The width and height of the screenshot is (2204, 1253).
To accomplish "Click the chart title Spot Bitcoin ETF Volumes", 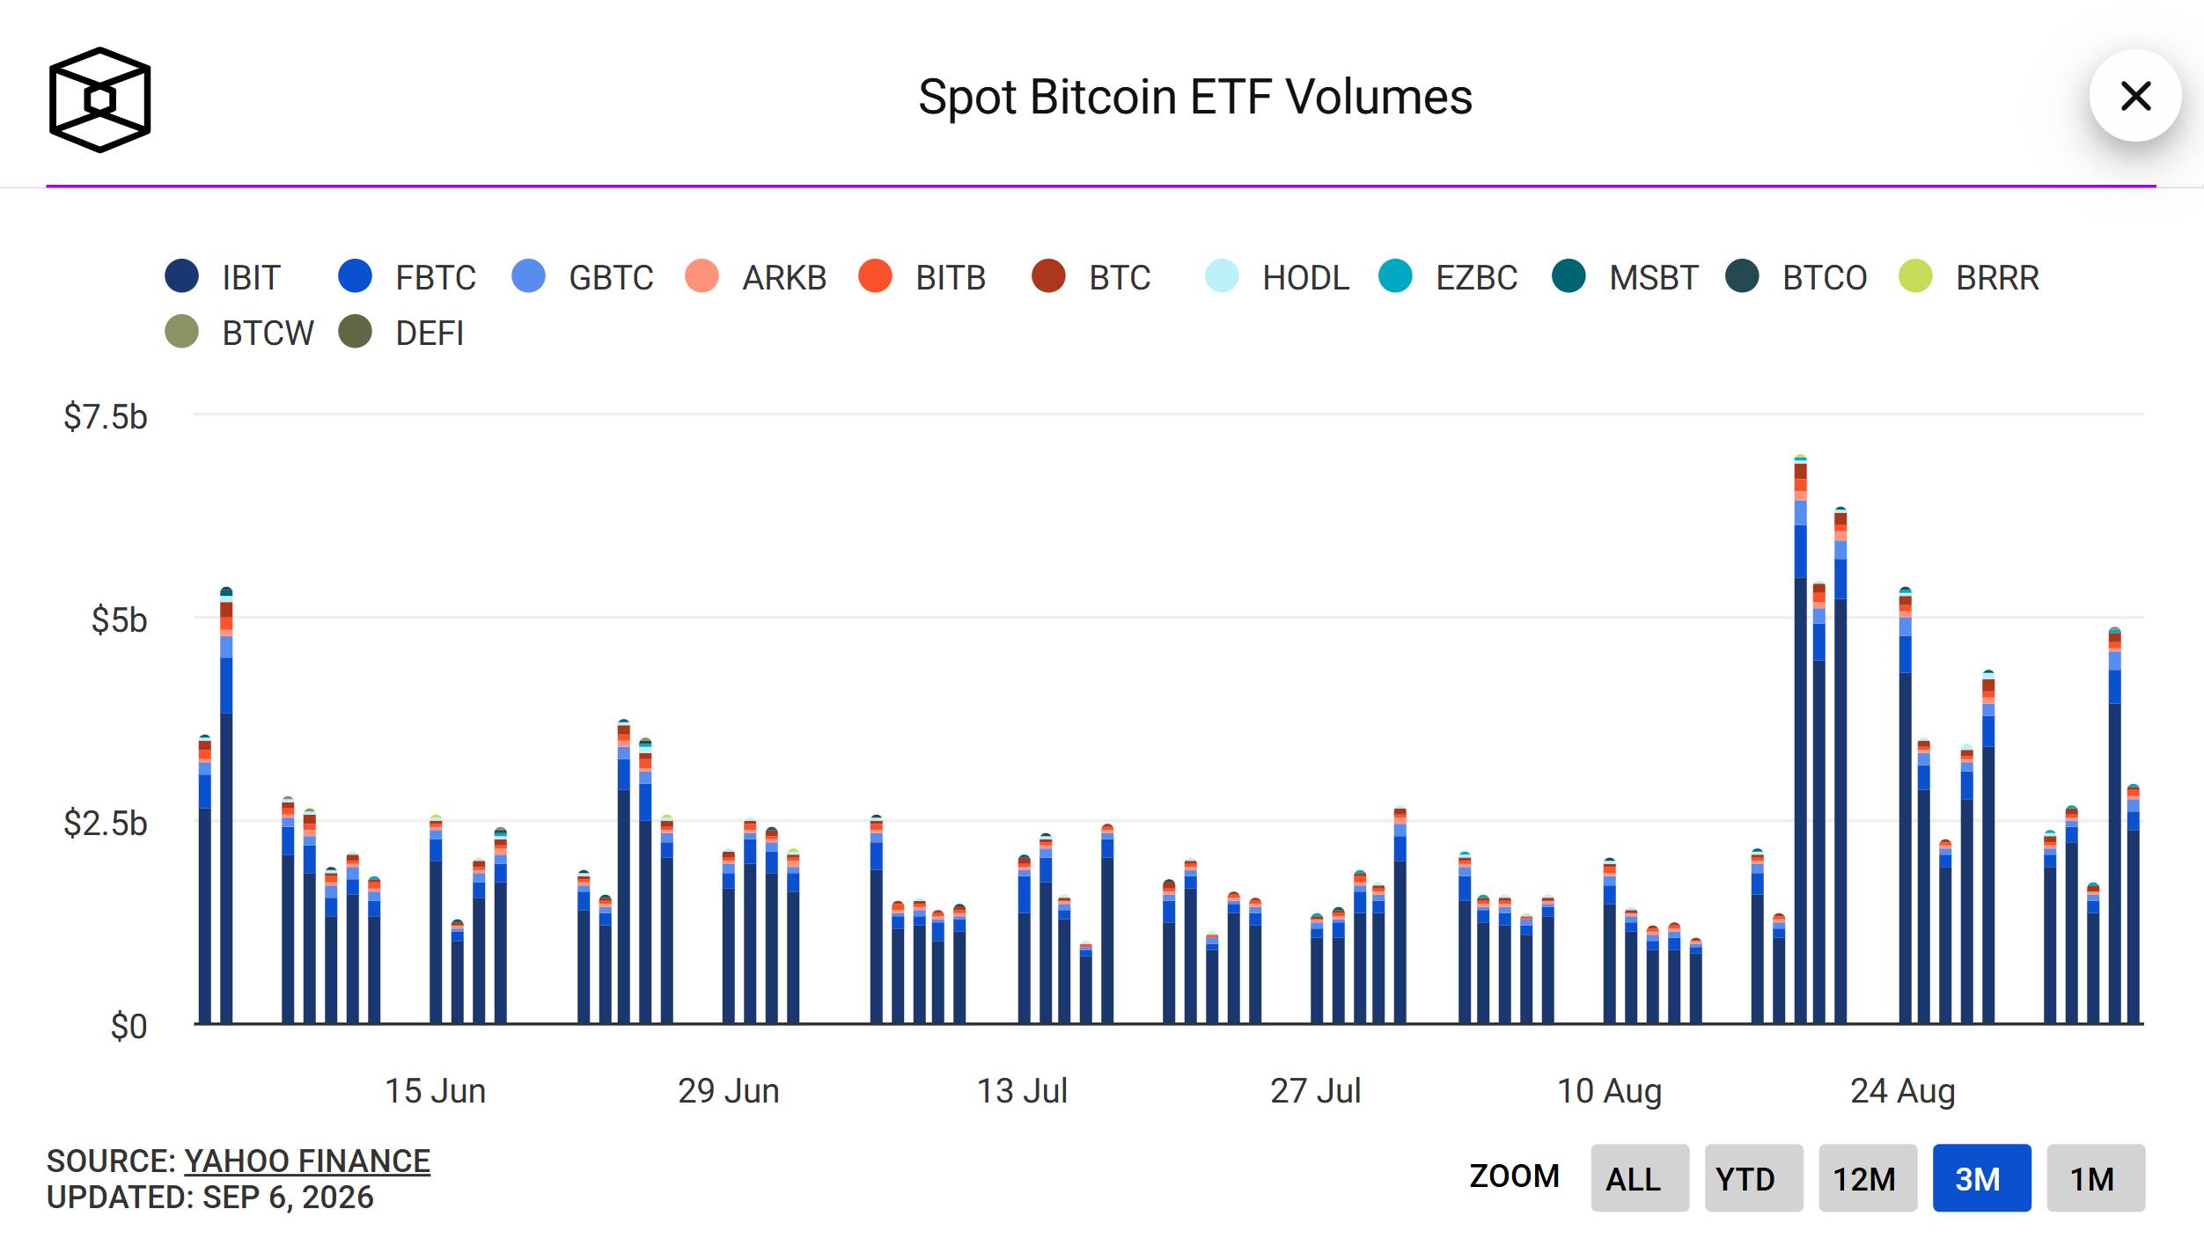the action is point(1194,97).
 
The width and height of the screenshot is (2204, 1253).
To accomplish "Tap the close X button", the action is point(2135,96).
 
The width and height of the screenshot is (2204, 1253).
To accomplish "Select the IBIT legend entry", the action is point(223,277).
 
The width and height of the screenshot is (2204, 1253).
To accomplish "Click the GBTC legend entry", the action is point(583,277).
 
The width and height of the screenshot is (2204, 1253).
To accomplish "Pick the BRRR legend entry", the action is point(1969,277).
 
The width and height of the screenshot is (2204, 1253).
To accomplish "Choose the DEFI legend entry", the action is point(401,333).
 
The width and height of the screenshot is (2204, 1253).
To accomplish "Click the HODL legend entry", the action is point(1277,277).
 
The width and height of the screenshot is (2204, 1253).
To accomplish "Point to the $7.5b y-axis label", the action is point(106,416).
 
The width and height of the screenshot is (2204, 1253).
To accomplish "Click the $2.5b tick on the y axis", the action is point(106,824).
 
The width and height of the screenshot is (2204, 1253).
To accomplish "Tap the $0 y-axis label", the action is point(129,1027).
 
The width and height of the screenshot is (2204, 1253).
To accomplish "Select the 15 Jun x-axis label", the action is point(435,1091).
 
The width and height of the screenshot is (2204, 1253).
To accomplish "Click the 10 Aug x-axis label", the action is point(1609,1091).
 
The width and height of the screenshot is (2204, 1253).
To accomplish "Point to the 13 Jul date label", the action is point(1022,1091).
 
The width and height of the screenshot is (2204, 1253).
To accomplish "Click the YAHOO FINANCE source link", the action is point(307,1161).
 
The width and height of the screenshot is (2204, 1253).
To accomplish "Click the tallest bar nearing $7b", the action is point(1800,739).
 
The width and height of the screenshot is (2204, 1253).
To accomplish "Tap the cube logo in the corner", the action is point(99,99).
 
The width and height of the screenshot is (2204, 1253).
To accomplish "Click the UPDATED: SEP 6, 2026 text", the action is point(210,1198).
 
